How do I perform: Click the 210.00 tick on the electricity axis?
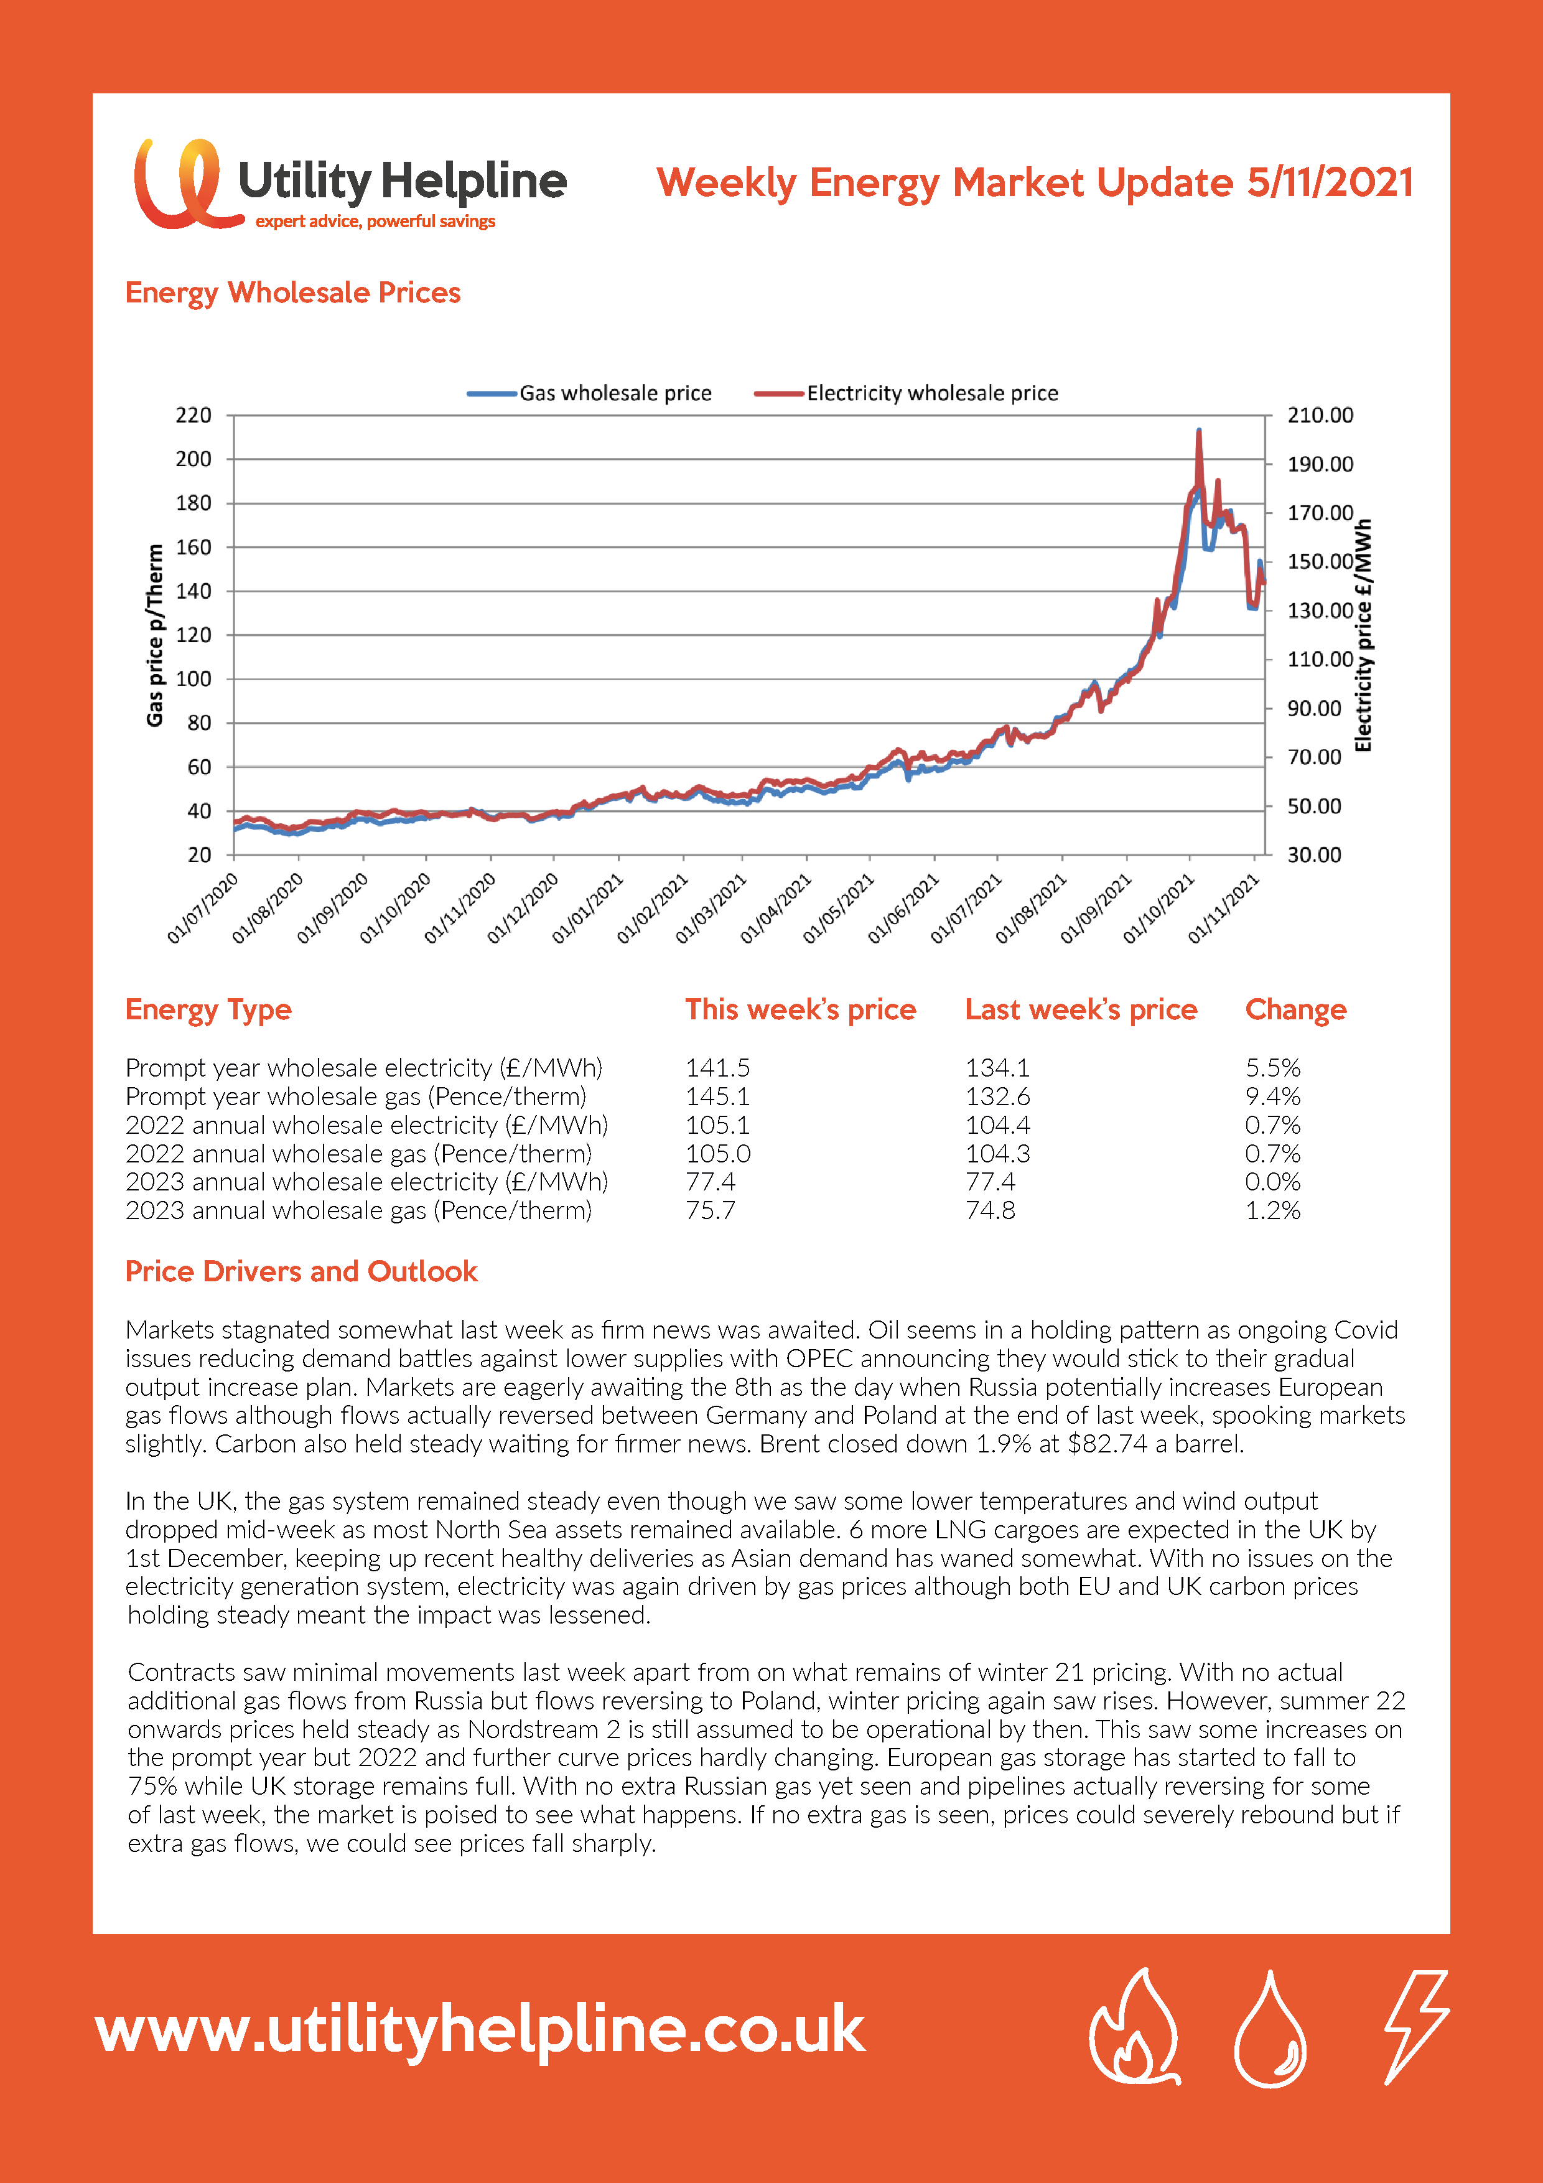tap(1320, 416)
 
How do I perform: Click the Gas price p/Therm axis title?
tap(155, 635)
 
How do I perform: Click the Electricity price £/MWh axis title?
tap(1363, 635)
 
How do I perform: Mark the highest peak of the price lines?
tap(1199, 431)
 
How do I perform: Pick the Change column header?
tap(1296, 1010)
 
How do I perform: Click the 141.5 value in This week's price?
tap(718, 1068)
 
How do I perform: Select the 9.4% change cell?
tap(1273, 1096)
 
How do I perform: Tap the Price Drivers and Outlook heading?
tap(301, 1272)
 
